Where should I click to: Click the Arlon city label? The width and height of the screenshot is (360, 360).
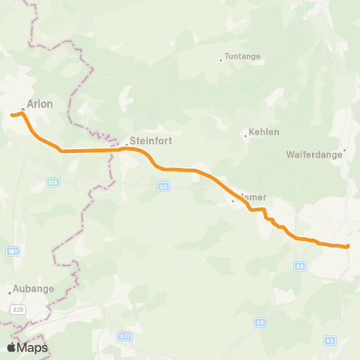coord(39,104)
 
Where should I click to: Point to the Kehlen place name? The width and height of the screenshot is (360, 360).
coord(263,132)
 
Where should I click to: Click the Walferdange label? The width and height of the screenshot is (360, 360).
coord(314,155)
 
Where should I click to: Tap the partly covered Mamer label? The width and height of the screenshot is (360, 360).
coord(256,197)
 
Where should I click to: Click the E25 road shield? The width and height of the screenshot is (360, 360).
coord(52,181)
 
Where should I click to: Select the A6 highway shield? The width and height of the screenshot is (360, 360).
coord(163,186)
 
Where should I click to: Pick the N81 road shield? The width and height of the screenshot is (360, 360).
coord(13,250)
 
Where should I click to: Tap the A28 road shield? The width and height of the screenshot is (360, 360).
coord(18,308)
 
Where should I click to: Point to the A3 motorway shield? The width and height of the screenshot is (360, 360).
coord(330,340)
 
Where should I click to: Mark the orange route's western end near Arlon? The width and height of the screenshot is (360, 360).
coord(13,115)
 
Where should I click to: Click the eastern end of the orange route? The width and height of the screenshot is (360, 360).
coord(348,246)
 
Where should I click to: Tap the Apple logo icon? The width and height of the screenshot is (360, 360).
coord(11,347)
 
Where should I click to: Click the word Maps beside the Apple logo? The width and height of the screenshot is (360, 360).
coord(33,347)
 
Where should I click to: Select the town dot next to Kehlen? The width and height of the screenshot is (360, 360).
coord(245,136)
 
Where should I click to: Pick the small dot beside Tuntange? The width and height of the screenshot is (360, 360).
coord(220,60)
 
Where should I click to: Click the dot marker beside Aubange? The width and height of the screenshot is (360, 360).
coord(10,292)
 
